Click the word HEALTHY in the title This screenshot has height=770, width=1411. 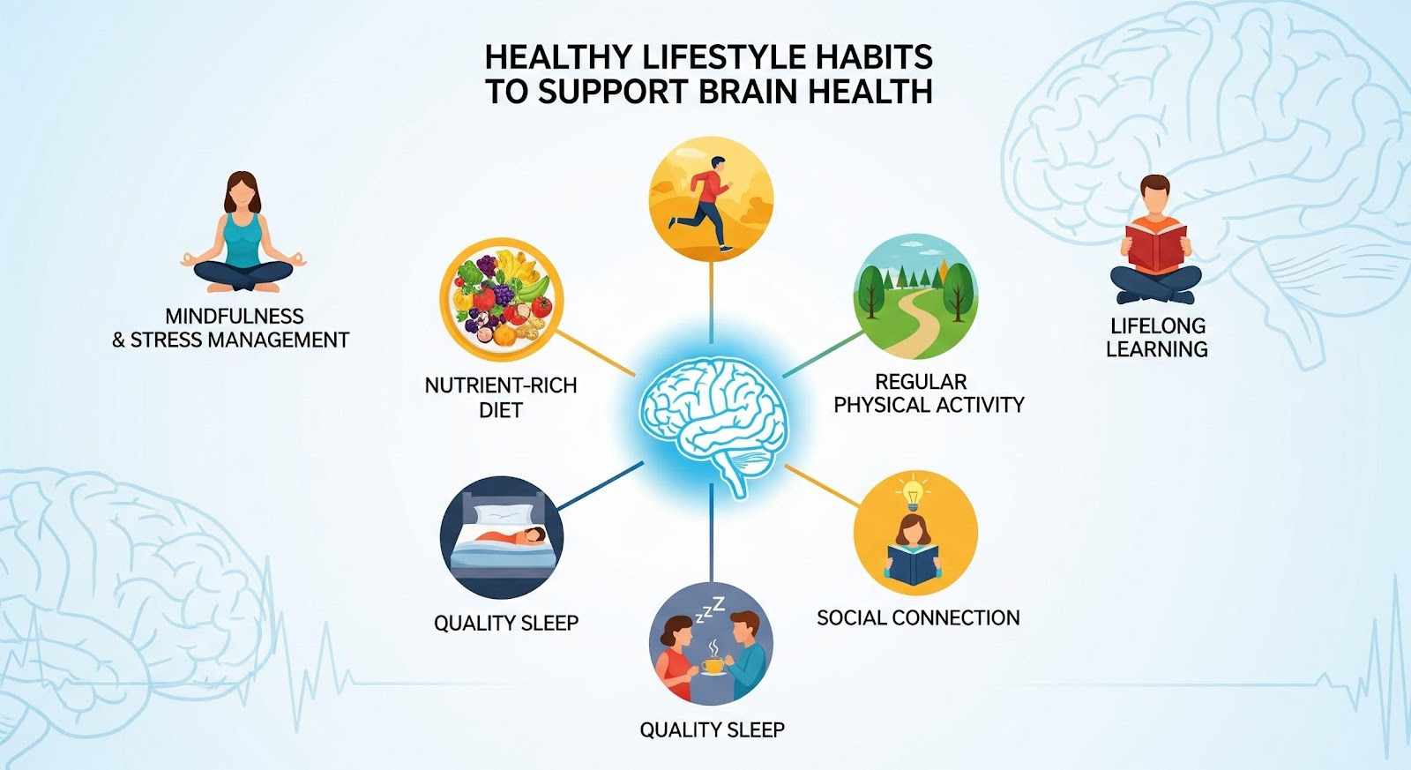pos(558,57)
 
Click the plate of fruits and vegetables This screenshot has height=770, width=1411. pos(502,299)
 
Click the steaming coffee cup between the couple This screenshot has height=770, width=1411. pos(713,664)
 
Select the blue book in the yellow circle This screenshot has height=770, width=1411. pos(913,563)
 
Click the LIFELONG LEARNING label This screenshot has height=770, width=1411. pos(1156,337)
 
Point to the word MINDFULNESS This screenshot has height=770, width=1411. pos(235,316)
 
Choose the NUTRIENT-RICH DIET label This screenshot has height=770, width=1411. pos(501,397)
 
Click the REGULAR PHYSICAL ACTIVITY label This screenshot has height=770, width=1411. pos(929,393)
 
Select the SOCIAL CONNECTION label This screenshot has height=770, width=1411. pos(918,617)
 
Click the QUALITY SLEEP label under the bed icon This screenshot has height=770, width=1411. pos(506,623)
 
